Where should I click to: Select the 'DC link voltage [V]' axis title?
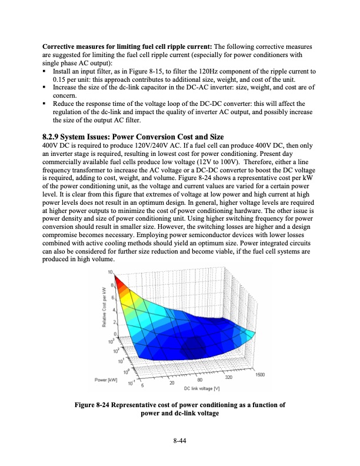point(202,389)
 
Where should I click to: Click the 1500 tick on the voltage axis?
point(261,374)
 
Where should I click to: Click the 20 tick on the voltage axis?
point(172,383)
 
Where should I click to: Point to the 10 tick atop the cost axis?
point(111,271)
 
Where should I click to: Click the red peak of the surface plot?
point(117,278)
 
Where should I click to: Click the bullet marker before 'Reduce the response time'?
point(45,104)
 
